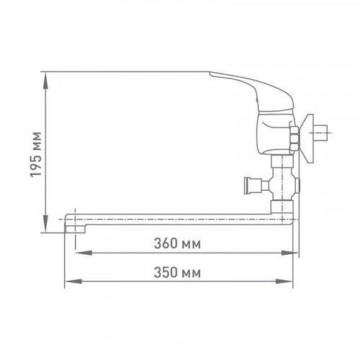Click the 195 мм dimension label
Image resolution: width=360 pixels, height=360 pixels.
[36, 155]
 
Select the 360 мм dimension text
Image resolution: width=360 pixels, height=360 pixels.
[177, 243]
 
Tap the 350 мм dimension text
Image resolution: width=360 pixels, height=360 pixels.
[177, 273]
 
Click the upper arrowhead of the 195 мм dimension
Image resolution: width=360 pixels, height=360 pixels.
[45, 81]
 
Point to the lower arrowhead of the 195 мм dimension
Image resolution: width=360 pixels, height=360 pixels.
[45, 224]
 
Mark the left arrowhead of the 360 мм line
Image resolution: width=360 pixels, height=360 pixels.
[84, 253]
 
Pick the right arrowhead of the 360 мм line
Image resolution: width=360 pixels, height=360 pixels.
[290, 253]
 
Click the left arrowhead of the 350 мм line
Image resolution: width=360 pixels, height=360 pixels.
[73, 282]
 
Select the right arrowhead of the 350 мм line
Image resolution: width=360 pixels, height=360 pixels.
[284, 282]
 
